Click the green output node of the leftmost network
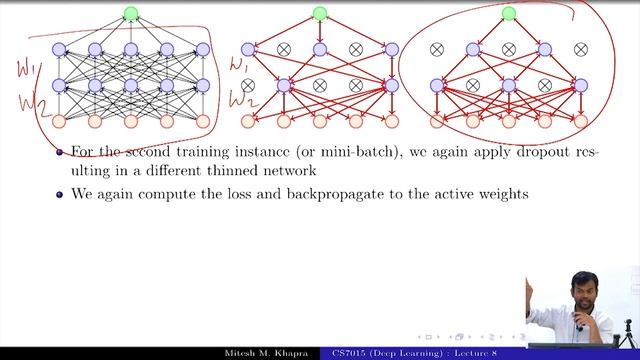[130, 14]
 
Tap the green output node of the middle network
[320, 14]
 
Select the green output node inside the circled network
[509, 14]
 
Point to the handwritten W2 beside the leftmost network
[22, 101]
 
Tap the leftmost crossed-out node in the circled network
[436, 49]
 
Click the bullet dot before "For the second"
[60, 152]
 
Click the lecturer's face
[581, 285]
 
